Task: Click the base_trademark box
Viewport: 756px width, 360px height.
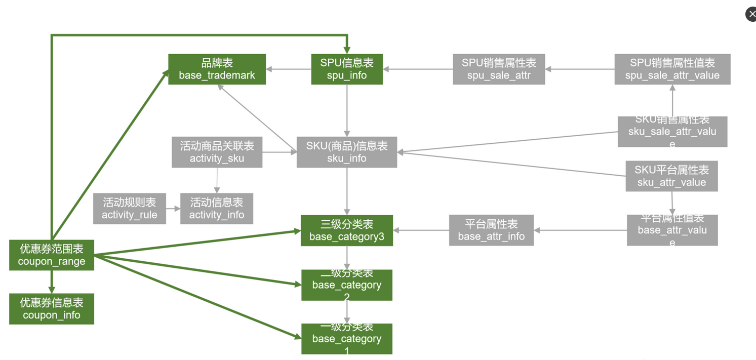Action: (217, 69)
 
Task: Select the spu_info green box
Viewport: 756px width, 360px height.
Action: (347, 69)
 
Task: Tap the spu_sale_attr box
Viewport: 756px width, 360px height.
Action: (499, 69)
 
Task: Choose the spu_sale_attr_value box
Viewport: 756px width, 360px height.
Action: (672, 69)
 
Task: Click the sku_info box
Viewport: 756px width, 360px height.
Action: (347, 152)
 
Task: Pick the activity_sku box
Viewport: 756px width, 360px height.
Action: (217, 152)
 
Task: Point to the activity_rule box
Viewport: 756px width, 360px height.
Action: (130, 209)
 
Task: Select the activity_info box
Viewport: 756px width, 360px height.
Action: (217, 209)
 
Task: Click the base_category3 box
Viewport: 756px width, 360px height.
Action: (347, 230)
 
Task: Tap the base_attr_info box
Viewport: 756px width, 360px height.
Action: (491, 230)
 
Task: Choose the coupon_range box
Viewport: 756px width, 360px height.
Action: (52, 255)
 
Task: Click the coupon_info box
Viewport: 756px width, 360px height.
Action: (52, 309)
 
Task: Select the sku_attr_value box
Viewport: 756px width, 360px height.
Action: (671, 176)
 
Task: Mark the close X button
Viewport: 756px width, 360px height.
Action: (751, 14)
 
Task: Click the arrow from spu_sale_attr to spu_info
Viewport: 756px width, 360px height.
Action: (418, 69)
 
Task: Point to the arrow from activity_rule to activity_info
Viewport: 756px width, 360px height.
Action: (173, 209)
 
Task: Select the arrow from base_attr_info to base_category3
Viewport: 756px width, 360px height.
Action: (421, 230)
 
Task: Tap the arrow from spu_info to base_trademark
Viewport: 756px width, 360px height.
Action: (289, 69)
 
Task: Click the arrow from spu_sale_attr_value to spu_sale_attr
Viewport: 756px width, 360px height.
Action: (580, 69)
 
